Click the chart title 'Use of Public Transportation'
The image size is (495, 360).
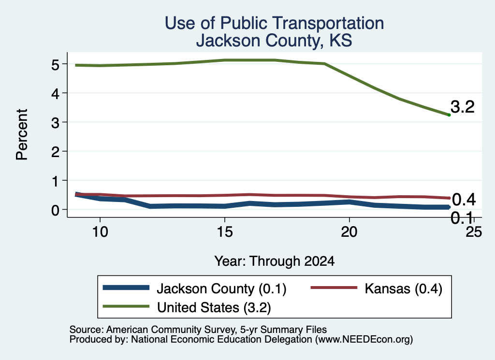(275, 23)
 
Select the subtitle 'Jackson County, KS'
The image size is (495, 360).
(274, 41)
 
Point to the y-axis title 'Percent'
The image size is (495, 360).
(22, 134)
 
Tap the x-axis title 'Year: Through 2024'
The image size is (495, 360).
(275, 261)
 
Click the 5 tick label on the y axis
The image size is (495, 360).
(55, 64)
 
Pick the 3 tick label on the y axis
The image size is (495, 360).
(55, 122)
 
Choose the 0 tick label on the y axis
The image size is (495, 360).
(55, 210)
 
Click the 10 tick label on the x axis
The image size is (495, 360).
(100, 232)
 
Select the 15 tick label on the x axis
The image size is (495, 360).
(224, 232)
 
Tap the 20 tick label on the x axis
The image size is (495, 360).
(349, 232)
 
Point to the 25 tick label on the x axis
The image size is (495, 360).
(474, 232)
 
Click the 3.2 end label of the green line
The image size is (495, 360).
(463, 107)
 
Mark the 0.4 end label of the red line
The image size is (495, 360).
(464, 200)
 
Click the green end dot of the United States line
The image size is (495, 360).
(449, 115)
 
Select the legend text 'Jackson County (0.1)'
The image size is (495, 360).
(221, 289)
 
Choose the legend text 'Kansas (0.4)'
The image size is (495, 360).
(404, 289)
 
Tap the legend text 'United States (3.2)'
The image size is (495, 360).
(214, 308)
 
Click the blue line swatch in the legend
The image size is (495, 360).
(126, 288)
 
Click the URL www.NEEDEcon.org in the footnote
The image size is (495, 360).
(364, 339)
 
